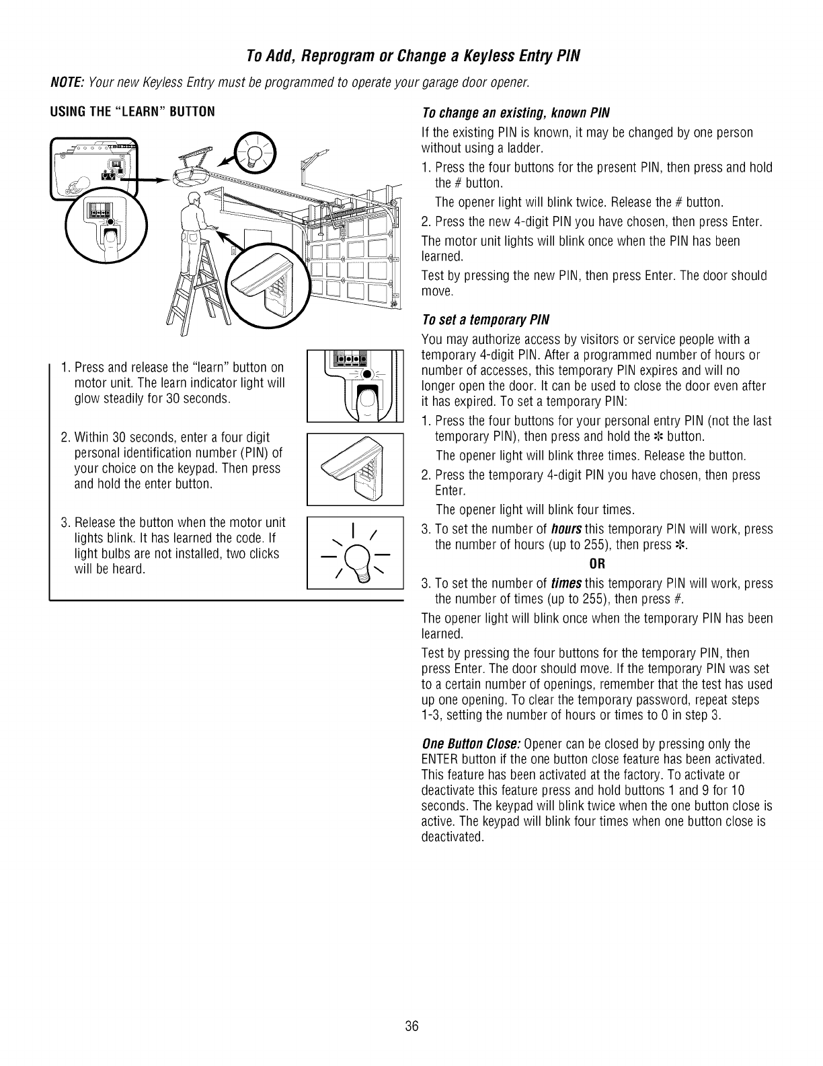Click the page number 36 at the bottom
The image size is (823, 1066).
point(412,1007)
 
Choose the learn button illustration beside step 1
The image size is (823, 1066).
point(354,384)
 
